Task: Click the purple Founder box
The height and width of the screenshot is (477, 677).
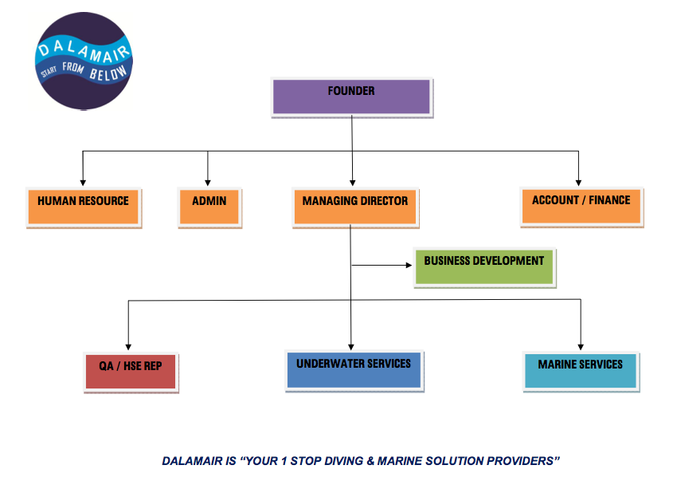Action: pos(351,97)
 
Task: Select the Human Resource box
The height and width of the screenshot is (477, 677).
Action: pos(83,207)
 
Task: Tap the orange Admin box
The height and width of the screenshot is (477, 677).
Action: pos(209,207)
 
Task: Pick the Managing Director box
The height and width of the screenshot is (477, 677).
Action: pos(354,207)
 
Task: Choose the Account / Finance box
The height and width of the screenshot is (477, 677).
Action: pos(581,206)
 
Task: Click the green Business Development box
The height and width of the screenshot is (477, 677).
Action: pos(483,266)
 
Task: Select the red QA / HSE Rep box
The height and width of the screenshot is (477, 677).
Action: pos(130,370)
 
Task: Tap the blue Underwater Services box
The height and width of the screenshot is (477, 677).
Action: pos(354,369)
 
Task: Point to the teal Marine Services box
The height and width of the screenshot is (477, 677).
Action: pos(580,369)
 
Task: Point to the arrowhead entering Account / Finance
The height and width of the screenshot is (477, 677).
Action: pos(579,183)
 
